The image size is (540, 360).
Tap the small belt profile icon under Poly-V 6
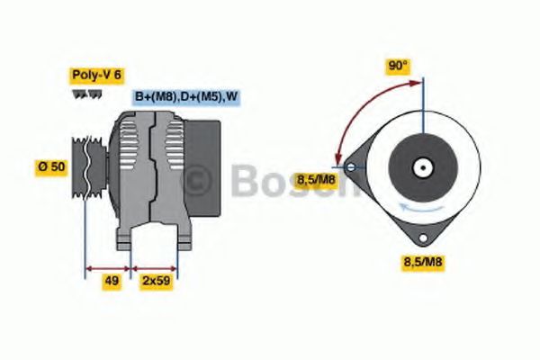coord(84,94)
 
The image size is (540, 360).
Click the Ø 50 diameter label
coord(51,168)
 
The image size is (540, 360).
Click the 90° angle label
coord(398,67)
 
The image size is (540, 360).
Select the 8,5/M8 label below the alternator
coord(422,263)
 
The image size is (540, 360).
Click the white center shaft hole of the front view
coord(420,167)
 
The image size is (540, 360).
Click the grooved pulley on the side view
coord(87,167)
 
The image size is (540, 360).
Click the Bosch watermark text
coord(270,183)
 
